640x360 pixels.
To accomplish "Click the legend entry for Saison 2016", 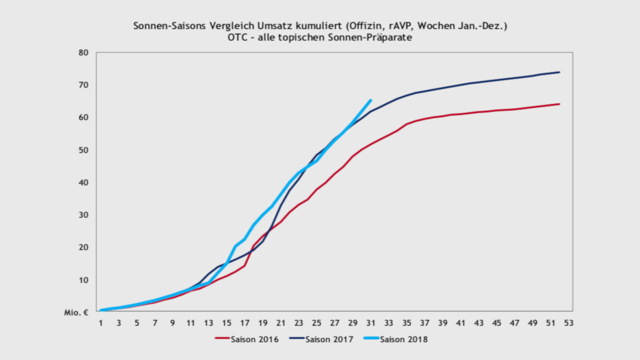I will click(x=247, y=339).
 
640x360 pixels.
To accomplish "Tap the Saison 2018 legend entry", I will click(x=396, y=339).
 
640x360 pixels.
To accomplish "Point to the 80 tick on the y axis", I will click(x=83, y=53).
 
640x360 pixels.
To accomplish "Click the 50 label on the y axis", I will click(x=83, y=150).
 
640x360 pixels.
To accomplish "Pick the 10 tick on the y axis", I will click(x=83, y=280).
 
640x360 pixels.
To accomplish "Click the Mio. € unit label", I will click(x=76, y=312).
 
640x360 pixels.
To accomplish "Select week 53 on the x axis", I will click(x=568, y=323).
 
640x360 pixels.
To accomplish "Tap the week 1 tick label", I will click(x=101, y=323).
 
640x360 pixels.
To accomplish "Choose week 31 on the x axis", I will click(x=370, y=323).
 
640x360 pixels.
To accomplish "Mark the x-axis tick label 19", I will click(x=263, y=323).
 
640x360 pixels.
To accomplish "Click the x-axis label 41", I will click(x=460, y=323).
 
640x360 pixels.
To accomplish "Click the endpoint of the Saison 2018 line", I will click(x=370, y=100).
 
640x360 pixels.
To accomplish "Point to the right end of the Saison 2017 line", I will click(x=559, y=72).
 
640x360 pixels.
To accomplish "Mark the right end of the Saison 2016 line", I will click(x=559, y=104).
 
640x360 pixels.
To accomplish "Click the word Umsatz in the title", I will click(x=275, y=26).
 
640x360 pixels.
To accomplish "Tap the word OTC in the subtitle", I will click(x=238, y=38).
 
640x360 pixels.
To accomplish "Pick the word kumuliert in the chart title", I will click(x=319, y=26).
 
